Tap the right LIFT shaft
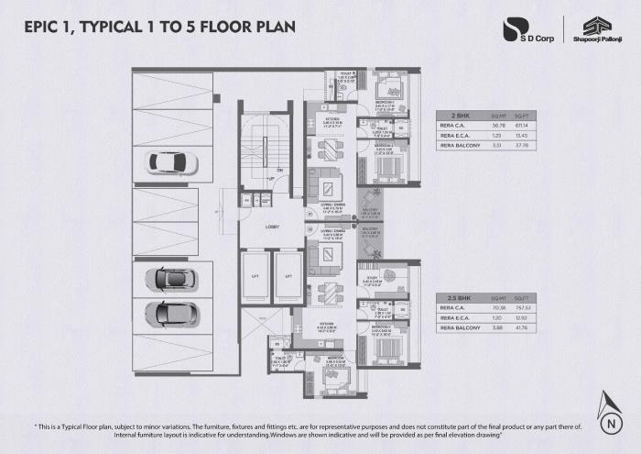click(288, 275)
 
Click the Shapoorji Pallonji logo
click(591, 29)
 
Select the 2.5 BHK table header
click(451, 299)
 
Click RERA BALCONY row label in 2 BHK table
click(460, 144)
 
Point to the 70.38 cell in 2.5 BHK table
click(498, 308)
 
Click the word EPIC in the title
click(44, 27)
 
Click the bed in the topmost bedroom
click(389, 89)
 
